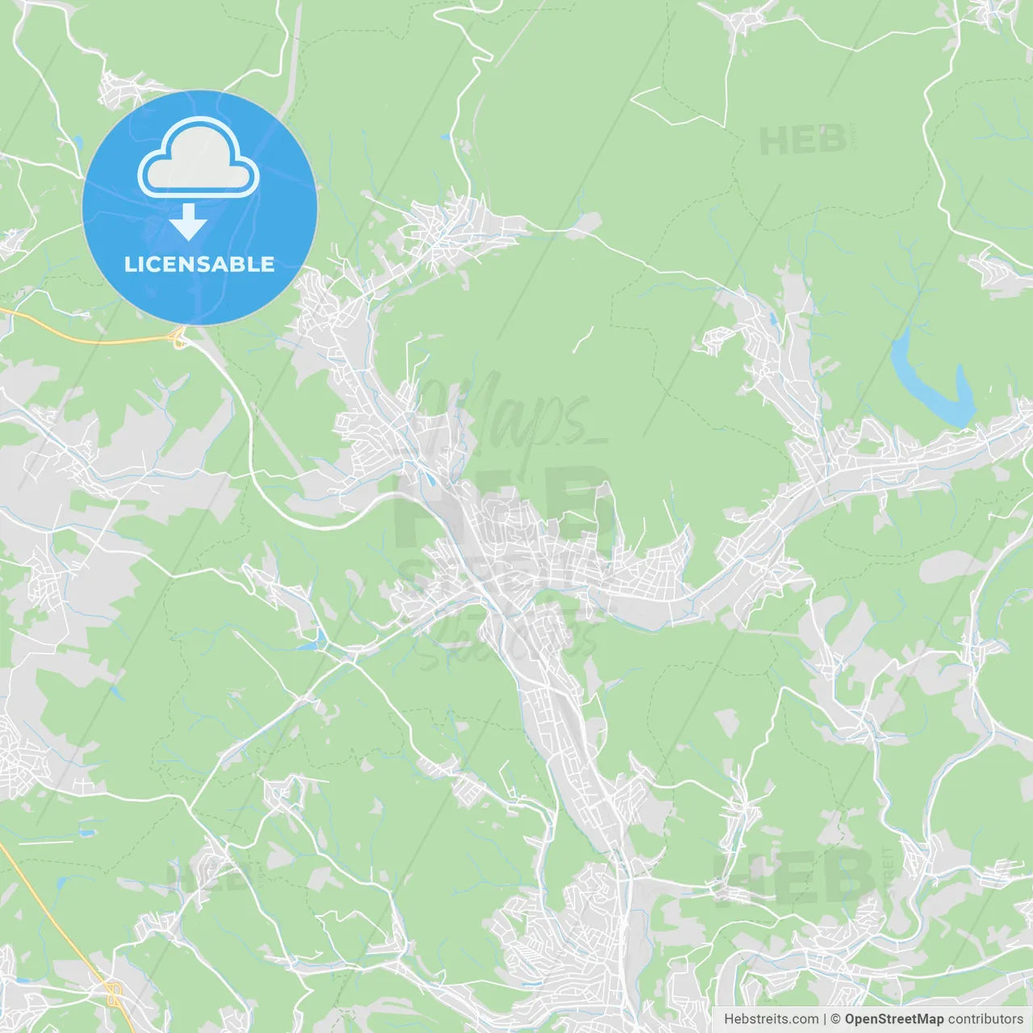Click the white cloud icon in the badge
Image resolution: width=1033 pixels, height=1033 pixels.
(199, 158)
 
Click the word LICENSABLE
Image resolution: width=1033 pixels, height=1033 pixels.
(199, 264)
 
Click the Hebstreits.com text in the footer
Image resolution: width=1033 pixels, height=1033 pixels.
(771, 1019)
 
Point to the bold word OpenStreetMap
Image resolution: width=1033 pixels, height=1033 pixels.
(894, 1019)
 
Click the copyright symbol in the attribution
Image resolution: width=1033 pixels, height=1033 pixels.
(835, 1019)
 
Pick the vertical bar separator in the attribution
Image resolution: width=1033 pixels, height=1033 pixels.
(825, 1019)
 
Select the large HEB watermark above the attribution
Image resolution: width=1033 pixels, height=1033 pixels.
(794, 879)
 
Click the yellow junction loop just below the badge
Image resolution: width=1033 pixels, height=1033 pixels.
(179, 340)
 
